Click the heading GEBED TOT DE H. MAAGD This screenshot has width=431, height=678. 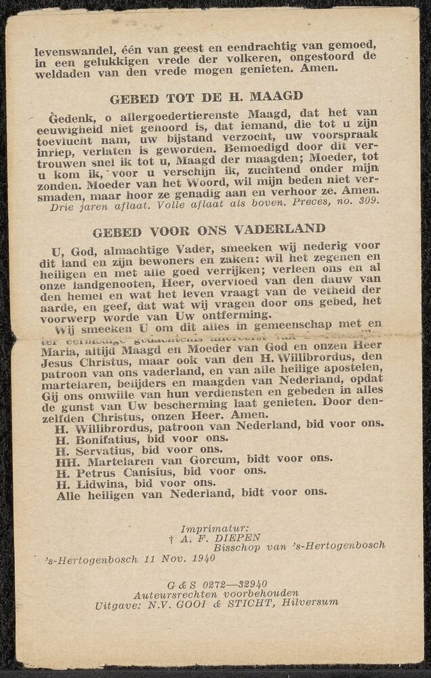[206, 97]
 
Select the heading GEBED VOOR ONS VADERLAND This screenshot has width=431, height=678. [209, 230]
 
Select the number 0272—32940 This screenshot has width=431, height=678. [230, 582]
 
